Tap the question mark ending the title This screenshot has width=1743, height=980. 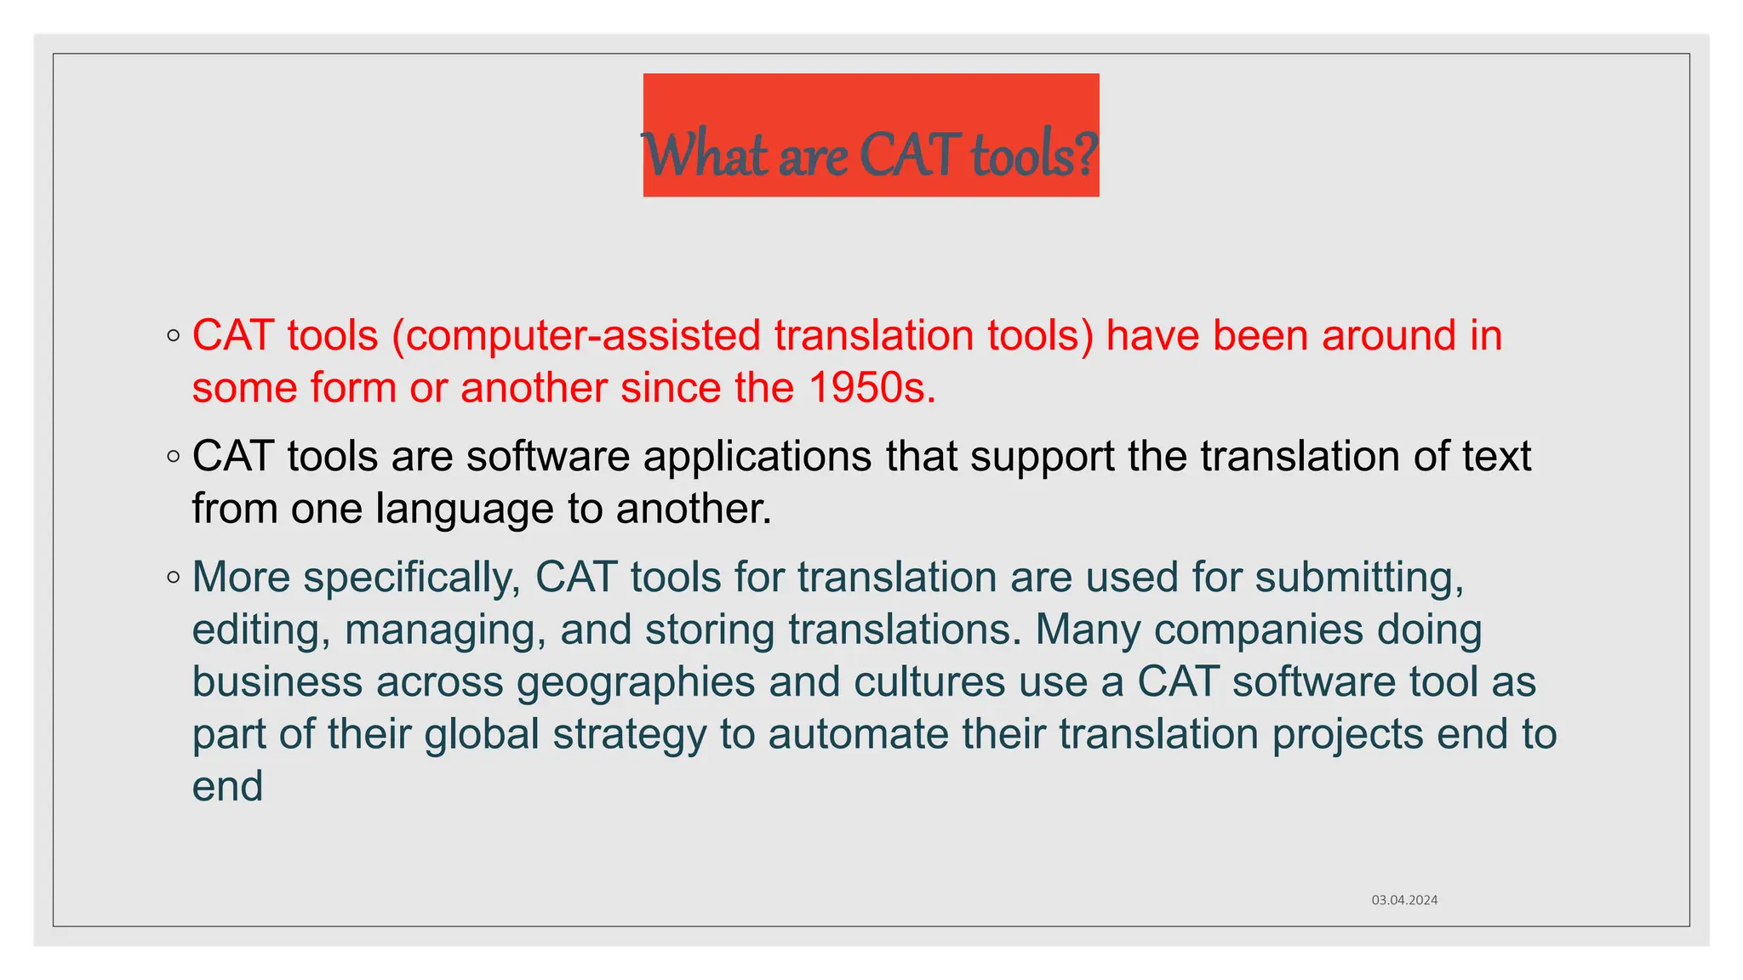click(1086, 155)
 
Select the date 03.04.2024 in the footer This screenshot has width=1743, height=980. click(1404, 900)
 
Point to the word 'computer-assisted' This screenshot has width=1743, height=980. click(582, 335)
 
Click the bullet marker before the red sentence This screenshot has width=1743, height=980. click(174, 336)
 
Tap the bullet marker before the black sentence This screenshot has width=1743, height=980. click(174, 457)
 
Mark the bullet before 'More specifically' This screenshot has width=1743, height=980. click(174, 578)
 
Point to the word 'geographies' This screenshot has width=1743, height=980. click(636, 682)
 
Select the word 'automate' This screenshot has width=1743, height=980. click(858, 734)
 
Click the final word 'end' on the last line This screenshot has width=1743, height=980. click(227, 787)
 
